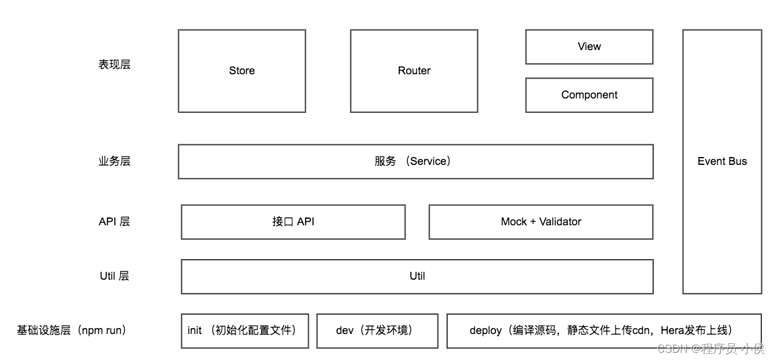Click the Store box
242,71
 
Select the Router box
414,71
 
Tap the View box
589,47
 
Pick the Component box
589,95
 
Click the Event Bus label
722,161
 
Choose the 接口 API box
293,222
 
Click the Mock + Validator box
541,222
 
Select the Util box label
417,276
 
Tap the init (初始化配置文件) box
244,330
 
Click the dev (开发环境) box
377,330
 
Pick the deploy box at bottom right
604,330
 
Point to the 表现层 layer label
114,65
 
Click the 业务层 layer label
114,161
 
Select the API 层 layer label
114,222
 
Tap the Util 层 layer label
114,276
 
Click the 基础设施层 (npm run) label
72,330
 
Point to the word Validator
560,222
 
